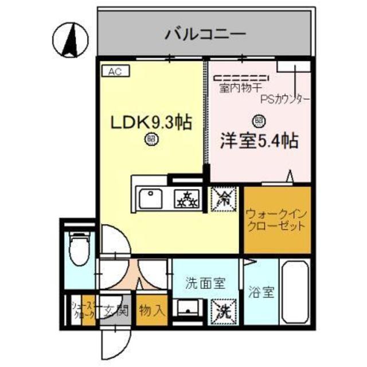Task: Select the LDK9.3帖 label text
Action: pyautogui.click(x=151, y=122)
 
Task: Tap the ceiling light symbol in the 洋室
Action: pyautogui.click(x=258, y=120)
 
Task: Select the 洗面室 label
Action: pyautogui.click(x=205, y=283)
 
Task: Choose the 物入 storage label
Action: pyautogui.click(x=152, y=311)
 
